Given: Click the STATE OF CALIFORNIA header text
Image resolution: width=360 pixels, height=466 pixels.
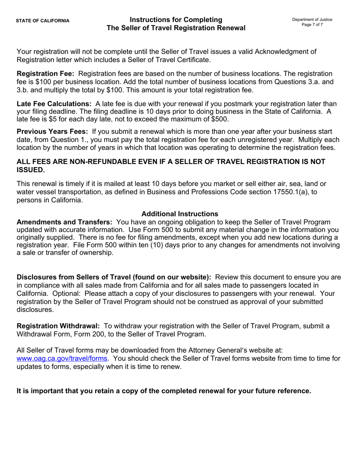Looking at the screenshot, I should point(42,21).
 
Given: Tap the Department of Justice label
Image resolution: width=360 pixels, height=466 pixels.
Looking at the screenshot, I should point(312,19).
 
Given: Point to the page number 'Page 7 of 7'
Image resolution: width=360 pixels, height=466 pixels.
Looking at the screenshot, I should point(312,25).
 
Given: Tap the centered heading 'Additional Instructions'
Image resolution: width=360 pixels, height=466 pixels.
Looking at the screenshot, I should point(180,214).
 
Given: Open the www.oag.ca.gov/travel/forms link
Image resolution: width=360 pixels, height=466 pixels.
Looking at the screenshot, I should point(62,358).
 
